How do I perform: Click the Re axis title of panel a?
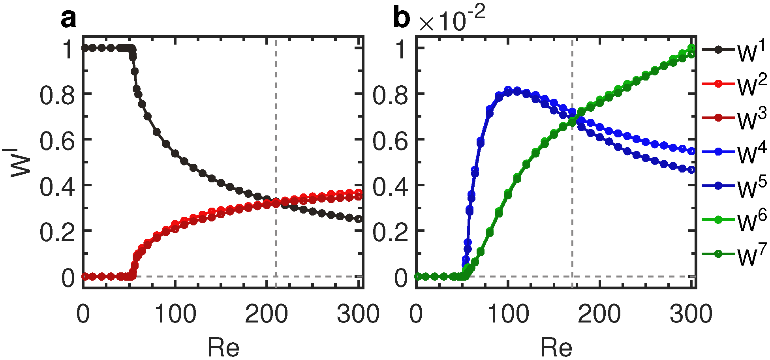click(x=223, y=347)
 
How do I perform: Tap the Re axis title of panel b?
click(x=556, y=347)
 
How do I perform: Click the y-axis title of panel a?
click(x=21, y=162)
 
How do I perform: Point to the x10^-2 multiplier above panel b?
click(x=452, y=20)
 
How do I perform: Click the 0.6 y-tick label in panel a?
click(x=57, y=141)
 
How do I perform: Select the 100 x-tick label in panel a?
click(x=175, y=314)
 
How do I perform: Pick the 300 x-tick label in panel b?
click(x=691, y=314)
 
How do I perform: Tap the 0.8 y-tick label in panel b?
click(x=390, y=95)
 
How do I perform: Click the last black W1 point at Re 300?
click(x=359, y=219)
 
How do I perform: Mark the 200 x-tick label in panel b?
click(x=599, y=314)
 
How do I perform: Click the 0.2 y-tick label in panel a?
click(x=57, y=232)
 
